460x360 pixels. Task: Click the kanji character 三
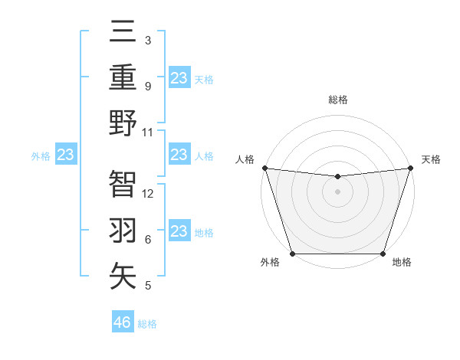123,34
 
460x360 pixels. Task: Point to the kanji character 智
123,185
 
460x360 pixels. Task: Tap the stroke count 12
148,194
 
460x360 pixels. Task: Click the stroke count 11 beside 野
148,132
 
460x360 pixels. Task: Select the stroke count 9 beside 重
147,86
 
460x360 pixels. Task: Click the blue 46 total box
123,322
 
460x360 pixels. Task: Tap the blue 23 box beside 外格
65,155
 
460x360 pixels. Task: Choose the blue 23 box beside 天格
179,78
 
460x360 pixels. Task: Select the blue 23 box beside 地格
179,231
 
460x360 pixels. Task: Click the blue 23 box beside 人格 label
179,155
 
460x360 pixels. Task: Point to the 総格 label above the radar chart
337,100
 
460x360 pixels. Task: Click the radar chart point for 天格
410,168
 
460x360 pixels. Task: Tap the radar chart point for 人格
264,168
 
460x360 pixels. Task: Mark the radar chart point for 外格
292,254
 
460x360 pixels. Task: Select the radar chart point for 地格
383,254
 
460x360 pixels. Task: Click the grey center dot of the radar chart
337,191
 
